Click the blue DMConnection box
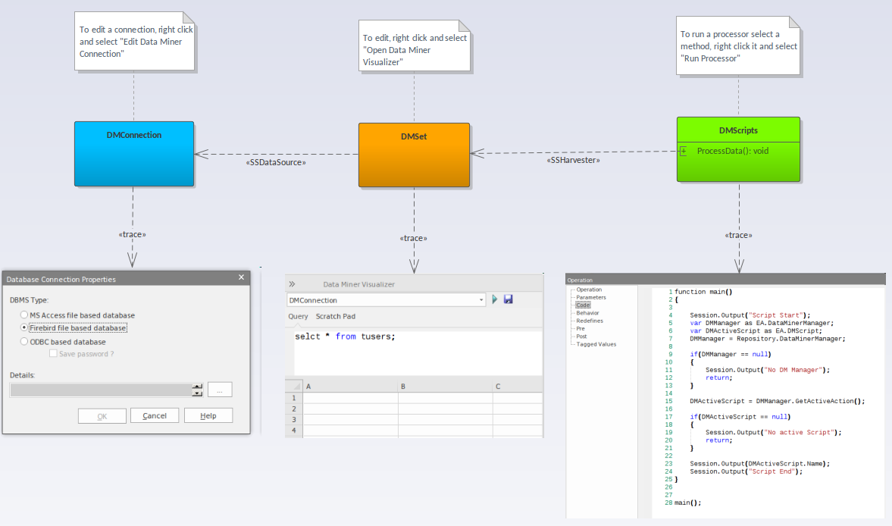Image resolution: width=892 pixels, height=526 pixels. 134,154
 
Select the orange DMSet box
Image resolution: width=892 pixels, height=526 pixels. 414,155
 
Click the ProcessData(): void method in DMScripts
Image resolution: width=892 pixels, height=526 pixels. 732,151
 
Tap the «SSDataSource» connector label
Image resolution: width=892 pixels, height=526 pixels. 276,163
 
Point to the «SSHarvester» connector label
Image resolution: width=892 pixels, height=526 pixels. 573,161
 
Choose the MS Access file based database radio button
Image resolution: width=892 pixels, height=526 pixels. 24,315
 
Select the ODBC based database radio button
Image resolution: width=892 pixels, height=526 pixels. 24,341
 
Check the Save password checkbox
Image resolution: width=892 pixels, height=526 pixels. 53,353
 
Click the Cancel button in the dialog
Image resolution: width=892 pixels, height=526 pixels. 155,415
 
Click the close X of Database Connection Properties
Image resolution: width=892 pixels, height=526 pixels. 241,277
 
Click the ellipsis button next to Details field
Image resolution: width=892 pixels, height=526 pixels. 220,390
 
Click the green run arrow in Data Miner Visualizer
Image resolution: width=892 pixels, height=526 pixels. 494,299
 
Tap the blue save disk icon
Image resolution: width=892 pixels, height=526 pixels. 508,299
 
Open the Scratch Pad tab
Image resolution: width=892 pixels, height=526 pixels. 336,316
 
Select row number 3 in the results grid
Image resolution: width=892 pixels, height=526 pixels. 293,420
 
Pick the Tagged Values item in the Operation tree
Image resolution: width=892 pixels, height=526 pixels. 596,344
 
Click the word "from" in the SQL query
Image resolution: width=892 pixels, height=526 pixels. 346,337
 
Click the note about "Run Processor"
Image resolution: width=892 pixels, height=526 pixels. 738,46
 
